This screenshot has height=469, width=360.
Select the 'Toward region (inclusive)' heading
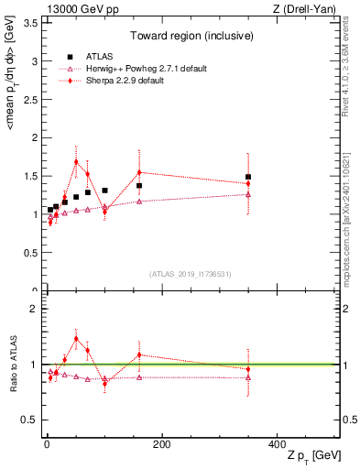190,38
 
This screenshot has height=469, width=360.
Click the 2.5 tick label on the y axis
28,100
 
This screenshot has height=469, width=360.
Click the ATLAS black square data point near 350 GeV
248,177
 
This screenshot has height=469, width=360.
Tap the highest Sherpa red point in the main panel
76,162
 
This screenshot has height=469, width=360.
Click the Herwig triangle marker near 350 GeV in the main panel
248,194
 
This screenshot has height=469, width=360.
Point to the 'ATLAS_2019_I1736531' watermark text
190,274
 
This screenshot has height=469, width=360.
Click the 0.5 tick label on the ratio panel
28,420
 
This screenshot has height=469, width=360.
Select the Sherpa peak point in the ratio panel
76,338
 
